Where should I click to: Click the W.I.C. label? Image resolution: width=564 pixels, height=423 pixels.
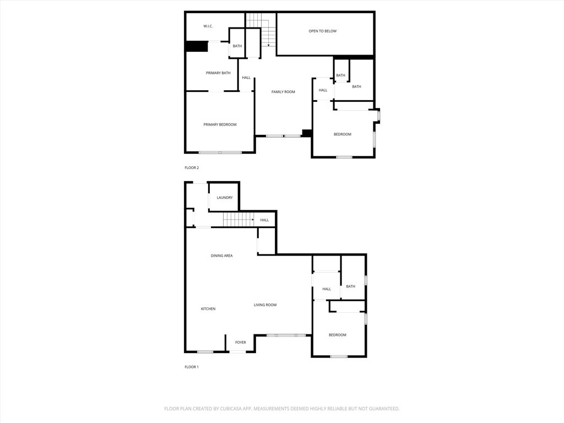(x=208, y=26)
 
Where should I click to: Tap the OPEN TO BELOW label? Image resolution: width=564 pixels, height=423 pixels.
(x=322, y=31)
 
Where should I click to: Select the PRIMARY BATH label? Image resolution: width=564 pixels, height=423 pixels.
(x=218, y=73)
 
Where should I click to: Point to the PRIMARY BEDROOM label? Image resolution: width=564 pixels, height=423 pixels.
(x=220, y=124)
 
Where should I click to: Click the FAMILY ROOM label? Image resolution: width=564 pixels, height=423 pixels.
(x=283, y=92)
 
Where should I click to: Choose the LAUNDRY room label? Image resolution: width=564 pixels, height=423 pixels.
(x=225, y=198)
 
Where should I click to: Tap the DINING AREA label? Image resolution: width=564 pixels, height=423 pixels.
(x=221, y=256)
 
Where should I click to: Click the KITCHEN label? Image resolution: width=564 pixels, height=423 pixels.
(x=208, y=309)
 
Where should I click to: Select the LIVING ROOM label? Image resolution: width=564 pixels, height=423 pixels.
(x=265, y=305)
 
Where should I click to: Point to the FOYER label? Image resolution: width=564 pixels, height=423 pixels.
(x=241, y=343)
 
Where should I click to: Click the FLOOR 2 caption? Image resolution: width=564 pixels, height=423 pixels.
(x=192, y=167)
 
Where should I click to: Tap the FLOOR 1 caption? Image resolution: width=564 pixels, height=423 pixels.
(x=192, y=367)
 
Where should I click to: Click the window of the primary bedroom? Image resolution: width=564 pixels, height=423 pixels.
(x=220, y=153)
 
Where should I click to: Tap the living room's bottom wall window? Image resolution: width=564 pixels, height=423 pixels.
(x=286, y=335)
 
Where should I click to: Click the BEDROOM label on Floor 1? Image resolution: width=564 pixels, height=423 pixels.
(x=338, y=335)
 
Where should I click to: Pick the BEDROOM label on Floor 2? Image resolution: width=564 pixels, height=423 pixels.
(x=342, y=134)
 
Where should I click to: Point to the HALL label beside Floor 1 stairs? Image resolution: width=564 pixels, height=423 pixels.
(x=264, y=220)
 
